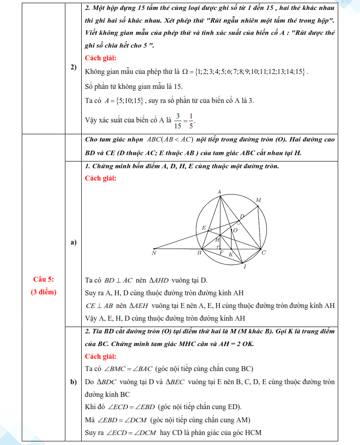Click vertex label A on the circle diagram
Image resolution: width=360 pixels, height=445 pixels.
(219, 192)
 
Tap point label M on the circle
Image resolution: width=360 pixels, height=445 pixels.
(258, 200)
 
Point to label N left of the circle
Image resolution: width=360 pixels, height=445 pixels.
(154, 253)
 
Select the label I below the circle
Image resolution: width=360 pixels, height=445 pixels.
(245, 267)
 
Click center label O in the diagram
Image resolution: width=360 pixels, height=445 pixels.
(235, 230)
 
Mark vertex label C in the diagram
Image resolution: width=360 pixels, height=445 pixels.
(264, 252)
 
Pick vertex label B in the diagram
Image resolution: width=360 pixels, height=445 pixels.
(199, 253)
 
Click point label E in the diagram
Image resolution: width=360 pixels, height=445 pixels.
(204, 228)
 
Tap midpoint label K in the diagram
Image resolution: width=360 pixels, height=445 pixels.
(231, 254)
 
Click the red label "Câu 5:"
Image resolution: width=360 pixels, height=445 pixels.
(44, 279)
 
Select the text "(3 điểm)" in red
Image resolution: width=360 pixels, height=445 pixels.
(44, 292)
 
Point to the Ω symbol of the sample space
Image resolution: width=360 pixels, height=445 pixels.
(184, 72)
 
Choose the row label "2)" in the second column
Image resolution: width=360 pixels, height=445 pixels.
(73, 67)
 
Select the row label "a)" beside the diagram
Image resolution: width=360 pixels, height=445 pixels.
(73, 243)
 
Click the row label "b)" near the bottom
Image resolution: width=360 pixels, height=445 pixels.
(73, 382)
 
